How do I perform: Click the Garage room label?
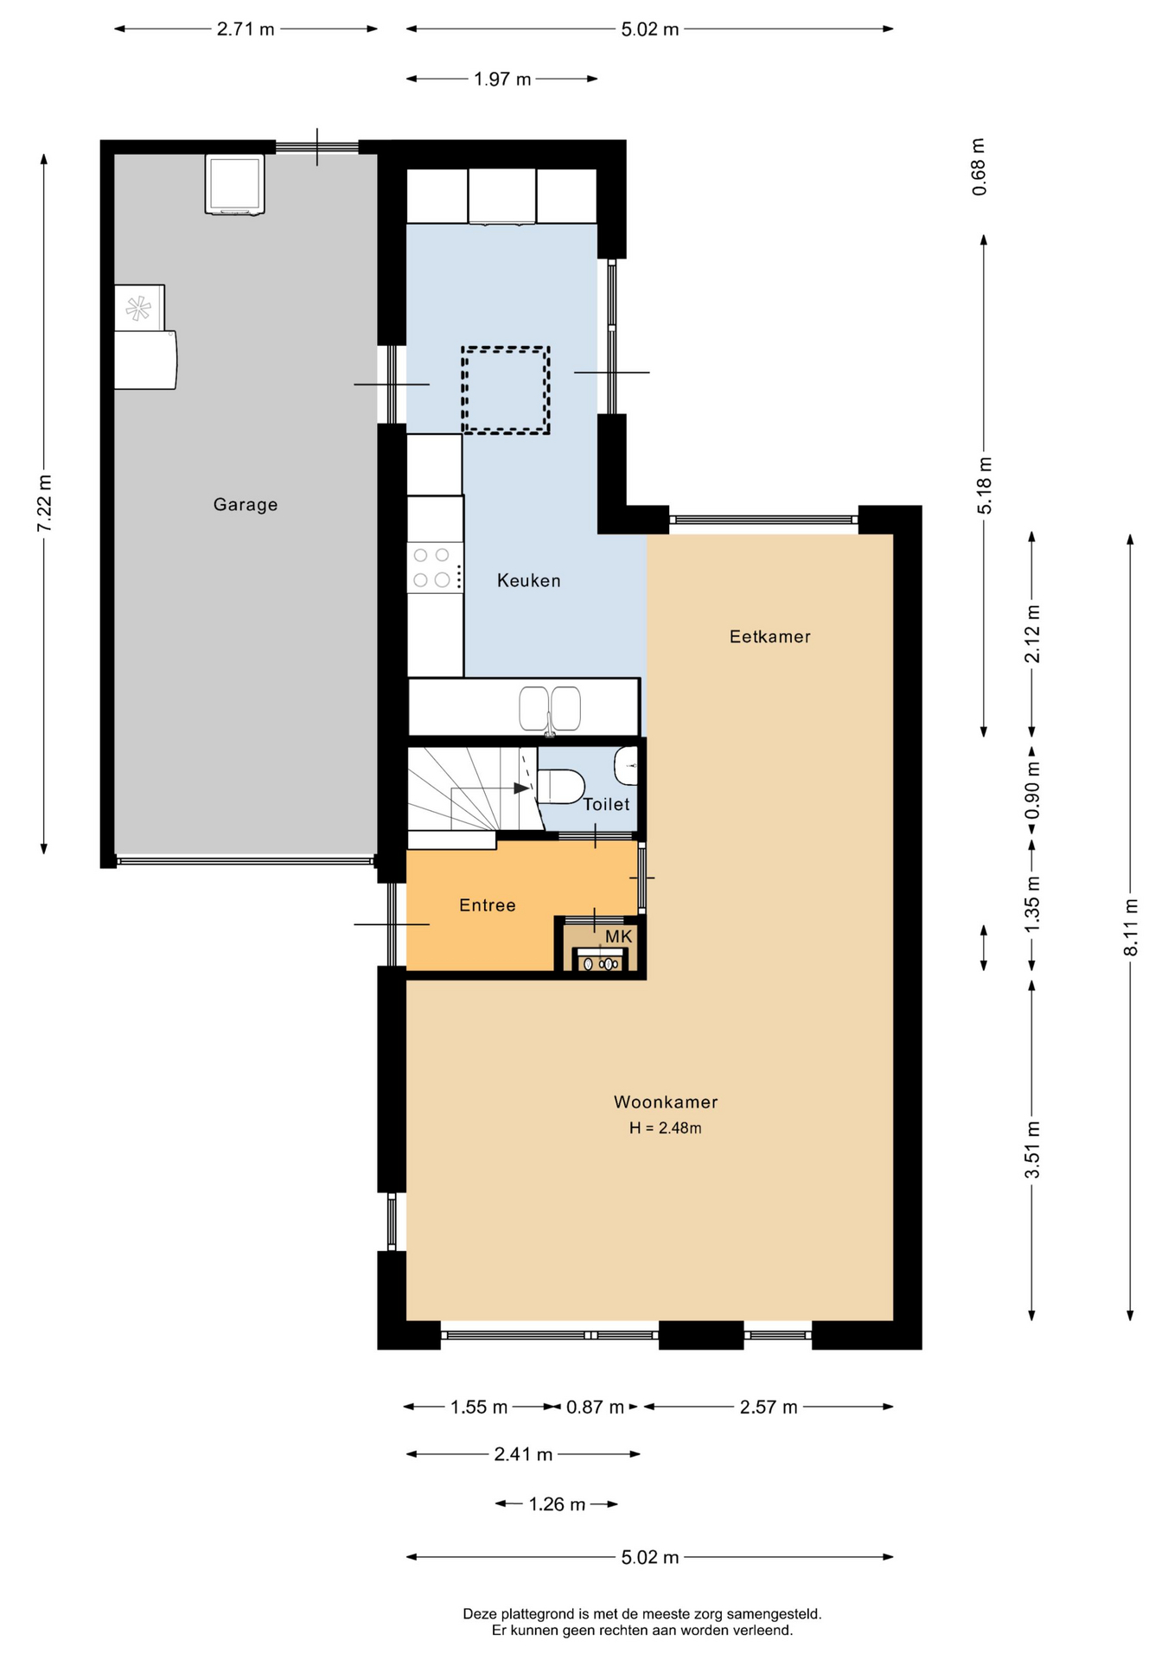(246, 505)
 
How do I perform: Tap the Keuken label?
(529, 581)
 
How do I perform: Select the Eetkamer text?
(770, 637)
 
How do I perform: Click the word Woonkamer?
(666, 1102)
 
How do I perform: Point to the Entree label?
(488, 905)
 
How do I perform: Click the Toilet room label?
(606, 804)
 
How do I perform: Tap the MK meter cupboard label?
(619, 936)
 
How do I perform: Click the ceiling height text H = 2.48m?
(665, 1128)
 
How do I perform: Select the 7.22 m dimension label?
(44, 504)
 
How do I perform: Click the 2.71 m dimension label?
(246, 29)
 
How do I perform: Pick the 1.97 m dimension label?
(502, 80)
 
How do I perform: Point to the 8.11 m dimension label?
(1131, 927)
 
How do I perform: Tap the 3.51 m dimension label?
(1032, 1150)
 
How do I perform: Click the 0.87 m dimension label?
(595, 1408)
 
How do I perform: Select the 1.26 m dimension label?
(557, 1504)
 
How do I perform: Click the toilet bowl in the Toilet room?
(560, 787)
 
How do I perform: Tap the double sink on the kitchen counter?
(550, 709)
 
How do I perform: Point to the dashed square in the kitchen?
(506, 390)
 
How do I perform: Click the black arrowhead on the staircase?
(521, 788)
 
